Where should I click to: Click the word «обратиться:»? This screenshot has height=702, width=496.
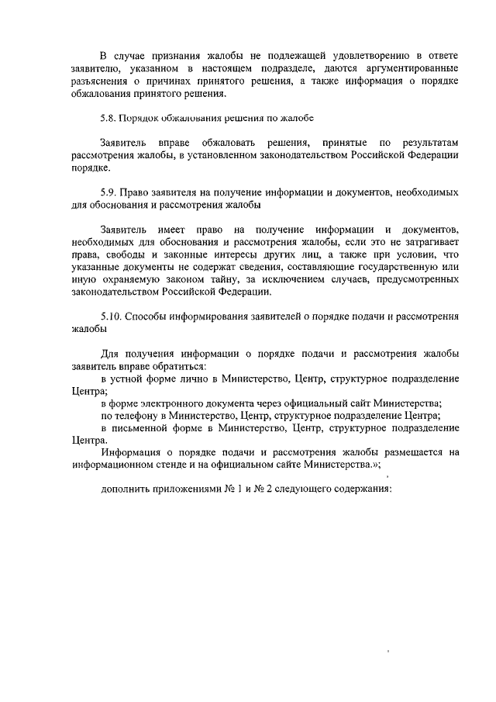point(180,367)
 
